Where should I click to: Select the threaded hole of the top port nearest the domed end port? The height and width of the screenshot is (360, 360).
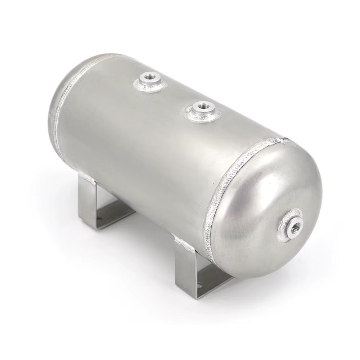198,107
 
